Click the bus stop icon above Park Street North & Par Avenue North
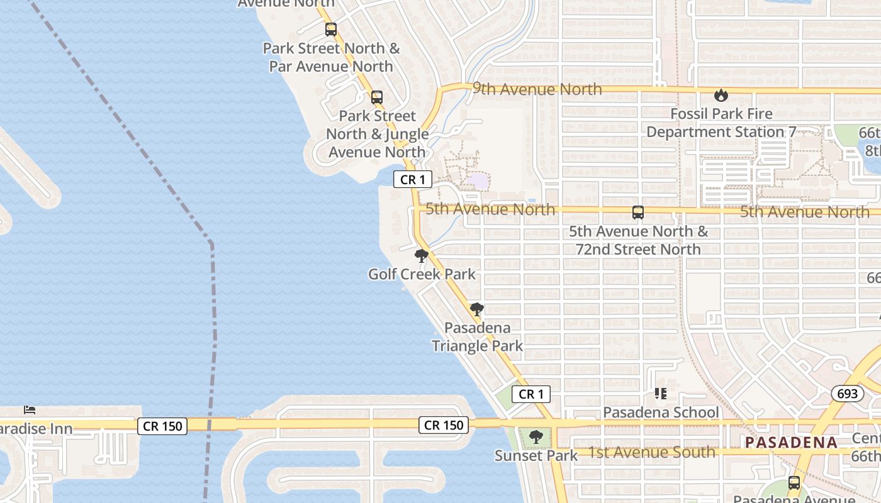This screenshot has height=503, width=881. (331, 30)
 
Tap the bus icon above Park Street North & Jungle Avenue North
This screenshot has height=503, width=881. (376, 97)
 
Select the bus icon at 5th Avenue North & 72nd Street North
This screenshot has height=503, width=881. (638, 213)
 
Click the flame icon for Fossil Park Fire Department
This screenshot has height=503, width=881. (721, 96)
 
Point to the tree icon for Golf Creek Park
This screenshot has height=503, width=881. (422, 256)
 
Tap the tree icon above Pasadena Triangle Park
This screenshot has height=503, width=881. (477, 309)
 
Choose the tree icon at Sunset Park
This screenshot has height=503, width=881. (536, 437)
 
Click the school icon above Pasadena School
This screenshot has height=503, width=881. (660, 394)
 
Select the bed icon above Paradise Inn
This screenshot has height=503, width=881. (30, 410)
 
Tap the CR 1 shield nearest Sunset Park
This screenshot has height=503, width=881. (531, 394)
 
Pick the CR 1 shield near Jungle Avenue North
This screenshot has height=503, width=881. (413, 180)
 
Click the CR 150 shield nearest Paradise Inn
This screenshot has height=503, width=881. (163, 426)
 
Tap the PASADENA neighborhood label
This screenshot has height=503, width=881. (791, 442)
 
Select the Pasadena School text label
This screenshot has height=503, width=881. (661, 412)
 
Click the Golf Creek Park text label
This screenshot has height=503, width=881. (422, 274)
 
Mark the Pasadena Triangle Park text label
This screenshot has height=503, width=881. (477, 336)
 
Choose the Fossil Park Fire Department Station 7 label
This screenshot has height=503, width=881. (721, 123)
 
